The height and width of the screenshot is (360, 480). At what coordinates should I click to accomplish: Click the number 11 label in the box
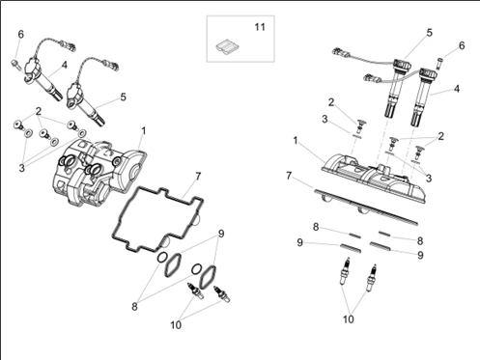[x=260, y=27]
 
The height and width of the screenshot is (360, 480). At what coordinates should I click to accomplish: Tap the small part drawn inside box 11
[x=228, y=46]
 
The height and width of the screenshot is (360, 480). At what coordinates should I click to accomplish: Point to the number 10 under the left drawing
[x=176, y=325]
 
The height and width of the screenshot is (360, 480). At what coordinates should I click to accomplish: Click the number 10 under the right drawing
[x=349, y=319]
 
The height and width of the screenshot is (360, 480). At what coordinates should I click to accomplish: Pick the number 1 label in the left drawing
[x=144, y=131]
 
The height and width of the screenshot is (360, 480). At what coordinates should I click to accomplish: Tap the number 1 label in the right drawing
[x=296, y=141]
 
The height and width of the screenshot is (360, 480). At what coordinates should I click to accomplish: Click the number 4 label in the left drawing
[x=65, y=65]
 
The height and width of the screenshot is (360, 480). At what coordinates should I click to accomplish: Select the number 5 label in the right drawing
[x=430, y=33]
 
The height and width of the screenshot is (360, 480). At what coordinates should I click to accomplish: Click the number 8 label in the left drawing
[x=134, y=307]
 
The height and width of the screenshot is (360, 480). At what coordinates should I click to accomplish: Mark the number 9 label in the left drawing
[x=221, y=234]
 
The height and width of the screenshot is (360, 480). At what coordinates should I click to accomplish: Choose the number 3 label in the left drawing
[x=21, y=168]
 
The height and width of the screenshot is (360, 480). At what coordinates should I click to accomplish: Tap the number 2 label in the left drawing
[x=39, y=111]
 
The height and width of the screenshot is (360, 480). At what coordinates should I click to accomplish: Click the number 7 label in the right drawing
[x=289, y=176]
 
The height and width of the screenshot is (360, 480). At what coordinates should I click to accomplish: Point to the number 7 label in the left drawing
[x=198, y=176]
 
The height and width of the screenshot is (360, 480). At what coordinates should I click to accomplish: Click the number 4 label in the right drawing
[x=457, y=89]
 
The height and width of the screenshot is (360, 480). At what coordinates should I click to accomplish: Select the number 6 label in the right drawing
[x=462, y=45]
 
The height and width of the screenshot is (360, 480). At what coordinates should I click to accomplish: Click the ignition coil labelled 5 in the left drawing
[x=84, y=104]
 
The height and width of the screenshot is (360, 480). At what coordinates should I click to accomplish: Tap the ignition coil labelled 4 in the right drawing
[x=422, y=97]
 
